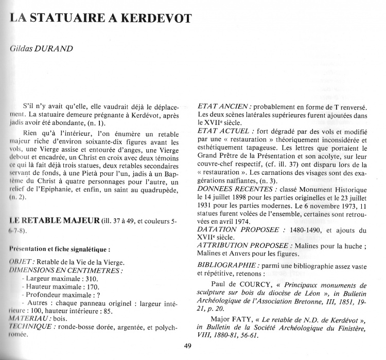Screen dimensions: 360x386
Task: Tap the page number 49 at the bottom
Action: [187, 346]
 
